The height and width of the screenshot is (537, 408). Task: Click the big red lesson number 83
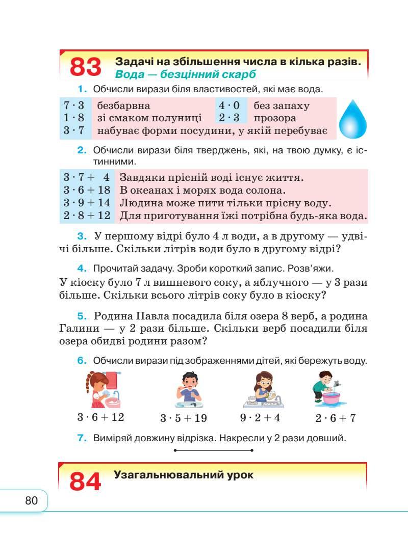[85, 67]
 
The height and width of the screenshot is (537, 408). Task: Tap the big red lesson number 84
[85, 481]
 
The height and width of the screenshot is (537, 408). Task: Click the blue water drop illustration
[353, 119]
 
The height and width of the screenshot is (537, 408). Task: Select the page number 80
[32, 501]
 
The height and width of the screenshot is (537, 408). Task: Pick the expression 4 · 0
[229, 106]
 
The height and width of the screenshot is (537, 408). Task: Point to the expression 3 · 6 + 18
[87, 190]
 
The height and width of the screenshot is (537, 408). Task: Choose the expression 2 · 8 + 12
[87, 216]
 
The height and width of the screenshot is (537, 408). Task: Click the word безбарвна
[123, 106]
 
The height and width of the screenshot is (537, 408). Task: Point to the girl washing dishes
[263, 390]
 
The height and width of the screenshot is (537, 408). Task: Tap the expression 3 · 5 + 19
[183, 418]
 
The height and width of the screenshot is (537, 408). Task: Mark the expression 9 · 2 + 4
[260, 418]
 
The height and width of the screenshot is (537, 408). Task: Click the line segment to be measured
[214, 450]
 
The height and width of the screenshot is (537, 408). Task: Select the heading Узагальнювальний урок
[184, 475]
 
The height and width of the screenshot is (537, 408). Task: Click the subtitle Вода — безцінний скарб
[186, 74]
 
